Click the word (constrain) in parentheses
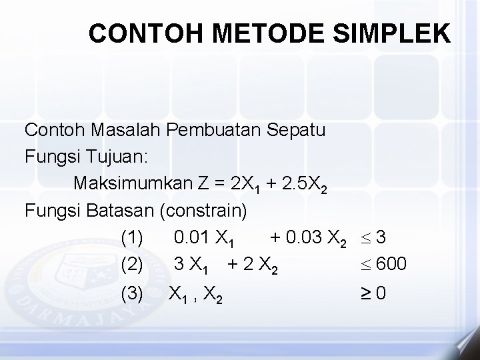click(203, 210)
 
